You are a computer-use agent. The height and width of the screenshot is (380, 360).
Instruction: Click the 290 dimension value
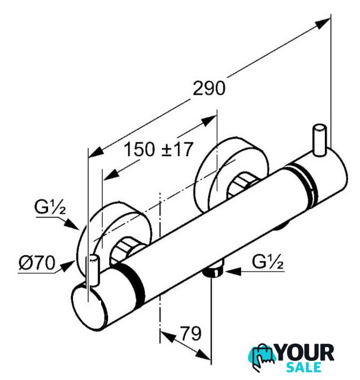tap(209, 88)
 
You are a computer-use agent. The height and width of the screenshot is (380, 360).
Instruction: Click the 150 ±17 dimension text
tap(159, 149)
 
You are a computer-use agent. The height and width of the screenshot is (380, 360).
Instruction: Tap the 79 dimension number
tap(191, 334)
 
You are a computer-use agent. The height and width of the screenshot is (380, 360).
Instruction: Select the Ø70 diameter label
tap(37, 262)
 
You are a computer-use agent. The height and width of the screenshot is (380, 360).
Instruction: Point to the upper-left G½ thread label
tap(50, 207)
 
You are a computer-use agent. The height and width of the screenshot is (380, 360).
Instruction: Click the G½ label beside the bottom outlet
tap(268, 262)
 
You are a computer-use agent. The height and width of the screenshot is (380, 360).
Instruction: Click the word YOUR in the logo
tap(305, 353)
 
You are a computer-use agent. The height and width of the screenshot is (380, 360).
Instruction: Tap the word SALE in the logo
tap(304, 367)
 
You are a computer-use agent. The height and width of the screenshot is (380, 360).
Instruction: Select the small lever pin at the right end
tap(320, 140)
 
